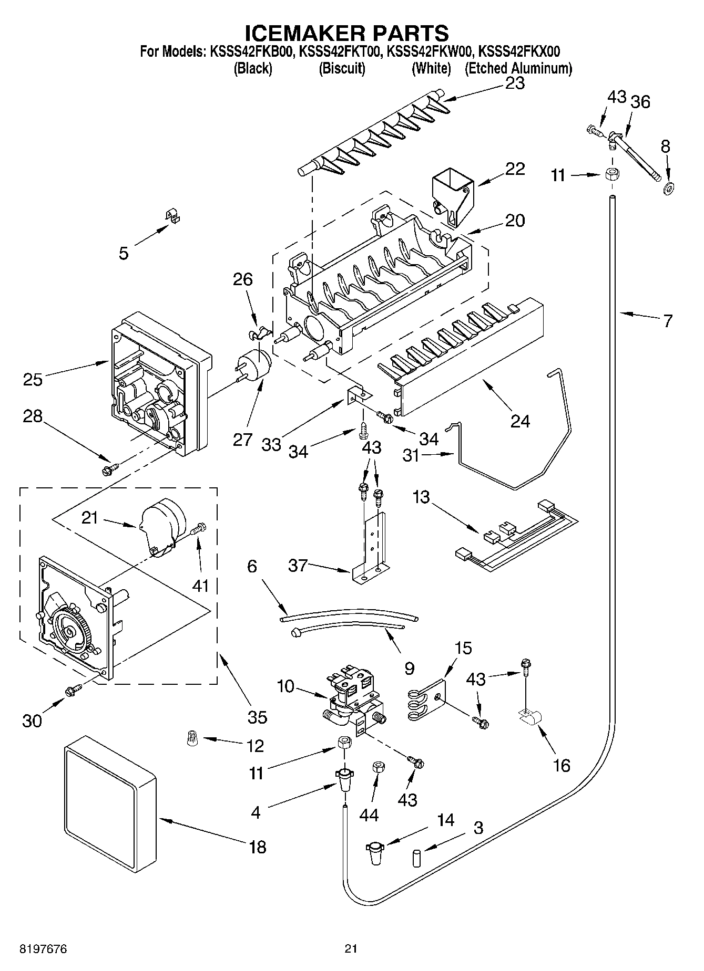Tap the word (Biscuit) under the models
tap(342, 68)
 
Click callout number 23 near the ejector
tap(515, 83)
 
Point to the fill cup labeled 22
tap(452, 198)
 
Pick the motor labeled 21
tap(160, 527)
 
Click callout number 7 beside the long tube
tap(667, 320)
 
